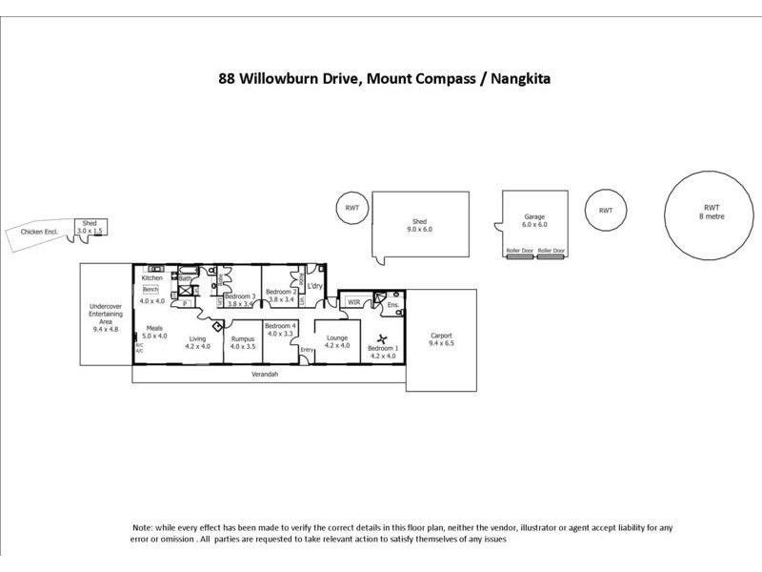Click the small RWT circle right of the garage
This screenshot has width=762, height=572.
[605, 211]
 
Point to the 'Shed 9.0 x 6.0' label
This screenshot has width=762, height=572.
[420, 225]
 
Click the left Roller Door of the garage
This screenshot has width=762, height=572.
[519, 252]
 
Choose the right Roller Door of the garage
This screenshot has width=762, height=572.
[551, 252]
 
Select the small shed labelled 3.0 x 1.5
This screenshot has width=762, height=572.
[90, 227]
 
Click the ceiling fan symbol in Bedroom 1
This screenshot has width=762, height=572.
[382, 338]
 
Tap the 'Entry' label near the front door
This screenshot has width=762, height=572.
[307, 350]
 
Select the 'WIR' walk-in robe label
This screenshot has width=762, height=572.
[354, 302]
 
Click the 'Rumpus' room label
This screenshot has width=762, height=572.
[243, 337]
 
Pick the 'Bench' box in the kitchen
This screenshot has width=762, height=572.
[150, 288]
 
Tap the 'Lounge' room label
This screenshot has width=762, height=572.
[337, 337]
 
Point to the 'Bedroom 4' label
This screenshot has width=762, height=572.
[280, 326]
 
